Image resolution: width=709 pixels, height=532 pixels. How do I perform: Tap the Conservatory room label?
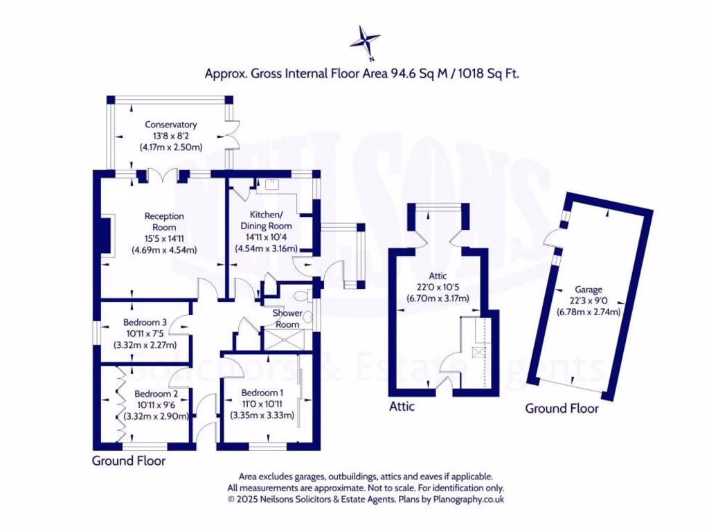tap(170, 125)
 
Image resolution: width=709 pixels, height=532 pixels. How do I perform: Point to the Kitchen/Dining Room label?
tap(266, 221)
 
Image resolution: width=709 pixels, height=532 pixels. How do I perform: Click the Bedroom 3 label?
tap(145, 322)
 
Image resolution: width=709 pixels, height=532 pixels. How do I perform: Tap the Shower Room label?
tap(287, 319)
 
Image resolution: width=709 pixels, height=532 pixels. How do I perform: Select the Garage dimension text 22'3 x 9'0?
tap(589, 301)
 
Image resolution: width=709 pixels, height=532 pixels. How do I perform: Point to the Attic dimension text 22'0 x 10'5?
tap(438, 287)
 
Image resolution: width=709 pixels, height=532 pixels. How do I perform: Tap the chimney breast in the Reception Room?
tap(107, 238)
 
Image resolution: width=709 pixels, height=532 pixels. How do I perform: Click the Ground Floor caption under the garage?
tap(562, 408)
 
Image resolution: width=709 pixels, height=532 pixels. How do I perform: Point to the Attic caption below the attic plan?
tap(402, 407)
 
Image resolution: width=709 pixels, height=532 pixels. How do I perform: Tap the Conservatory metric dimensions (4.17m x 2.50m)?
tap(170, 147)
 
